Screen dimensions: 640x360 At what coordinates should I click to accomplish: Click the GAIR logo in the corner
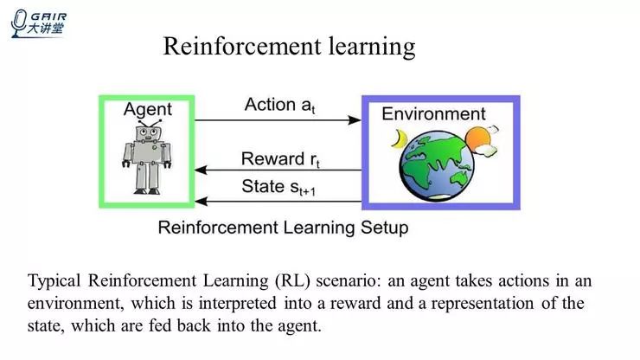click(x=40, y=22)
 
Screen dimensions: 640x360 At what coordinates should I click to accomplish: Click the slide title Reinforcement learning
click(x=289, y=46)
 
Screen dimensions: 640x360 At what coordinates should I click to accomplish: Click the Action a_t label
click(x=278, y=106)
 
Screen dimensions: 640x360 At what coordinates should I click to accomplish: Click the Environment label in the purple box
click(x=433, y=114)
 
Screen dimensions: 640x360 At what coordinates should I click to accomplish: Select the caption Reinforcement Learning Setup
click(x=283, y=228)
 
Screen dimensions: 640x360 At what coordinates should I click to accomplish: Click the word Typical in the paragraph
click(x=55, y=282)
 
